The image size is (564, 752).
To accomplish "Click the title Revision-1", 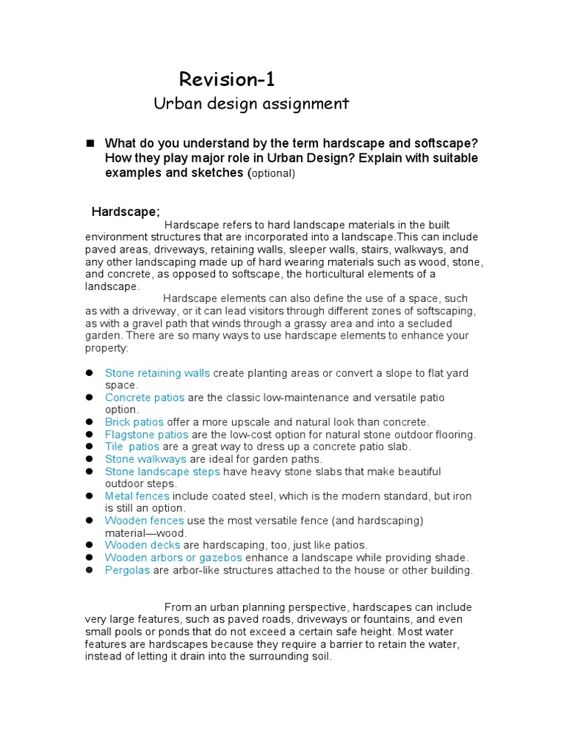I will pyautogui.click(x=227, y=79).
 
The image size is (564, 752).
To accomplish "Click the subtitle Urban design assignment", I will pyautogui.click(x=251, y=104).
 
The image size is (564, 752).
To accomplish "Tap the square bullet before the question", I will pyautogui.click(x=91, y=142).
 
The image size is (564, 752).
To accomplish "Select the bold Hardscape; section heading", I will pyautogui.click(x=126, y=211).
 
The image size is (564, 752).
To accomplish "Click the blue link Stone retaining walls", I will pyautogui.click(x=157, y=373).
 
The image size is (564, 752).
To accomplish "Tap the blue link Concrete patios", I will pyautogui.click(x=145, y=397).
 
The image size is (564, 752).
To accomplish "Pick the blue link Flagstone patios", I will pyautogui.click(x=146, y=434).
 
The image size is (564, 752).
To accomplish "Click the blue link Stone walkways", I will pyautogui.click(x=145, y=459).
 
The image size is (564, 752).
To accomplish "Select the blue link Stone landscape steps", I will pyautogui.click(x=162, y=471).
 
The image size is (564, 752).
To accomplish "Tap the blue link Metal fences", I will pyautogui.click(x=137, y=496).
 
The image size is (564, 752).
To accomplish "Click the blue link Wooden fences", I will pyautogui.click(x=144, y=521).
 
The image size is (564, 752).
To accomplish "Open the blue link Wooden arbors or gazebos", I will pyautogui.click(x=173, y=557).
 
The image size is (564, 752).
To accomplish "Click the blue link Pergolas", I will pyautogui.click(x=128, y=570).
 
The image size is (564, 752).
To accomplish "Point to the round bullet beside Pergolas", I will pyautogui.click(x=88, y=570).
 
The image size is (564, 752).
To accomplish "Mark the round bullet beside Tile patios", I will pyautogui.click(x=88, y=446).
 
